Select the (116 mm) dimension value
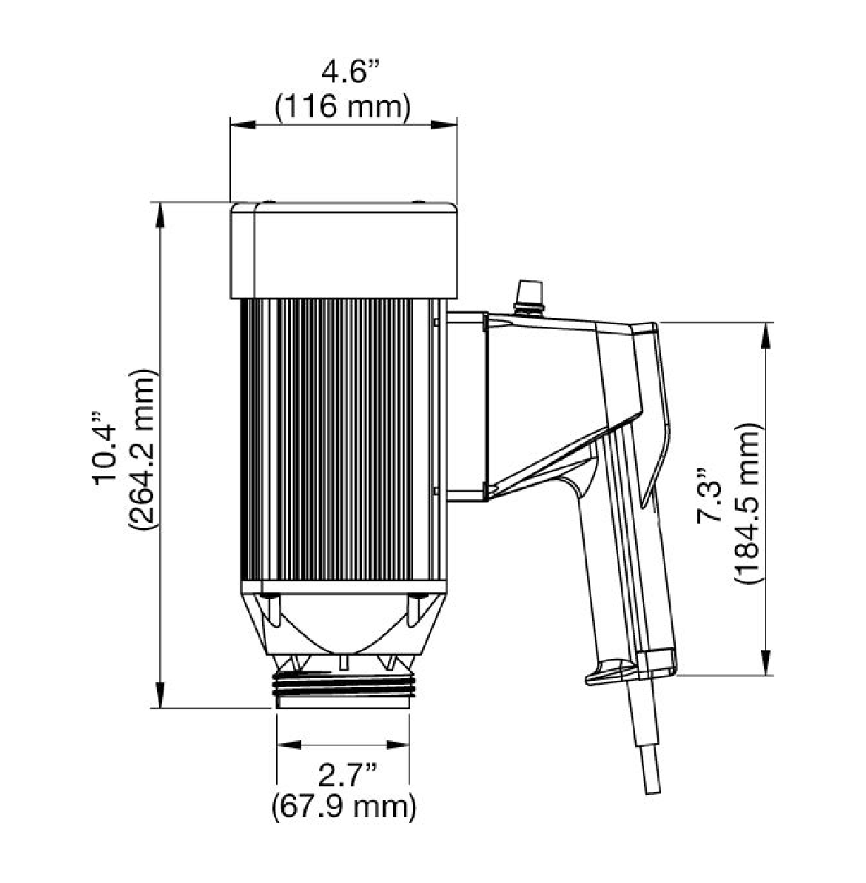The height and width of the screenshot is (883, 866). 343,107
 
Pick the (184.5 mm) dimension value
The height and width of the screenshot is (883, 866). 748,502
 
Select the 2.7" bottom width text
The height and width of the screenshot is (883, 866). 343,776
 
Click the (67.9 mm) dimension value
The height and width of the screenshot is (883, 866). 343,805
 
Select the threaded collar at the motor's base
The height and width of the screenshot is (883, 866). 343,687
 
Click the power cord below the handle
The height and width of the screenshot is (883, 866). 642,747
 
